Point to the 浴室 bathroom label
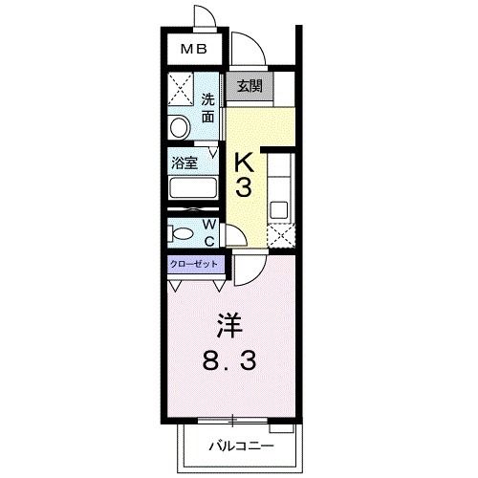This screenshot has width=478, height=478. coord(185,163)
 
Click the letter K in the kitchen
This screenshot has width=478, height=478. coord(244,159)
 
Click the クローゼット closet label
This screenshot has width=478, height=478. coord(195,264)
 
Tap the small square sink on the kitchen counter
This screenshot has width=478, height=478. coord(277,208)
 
